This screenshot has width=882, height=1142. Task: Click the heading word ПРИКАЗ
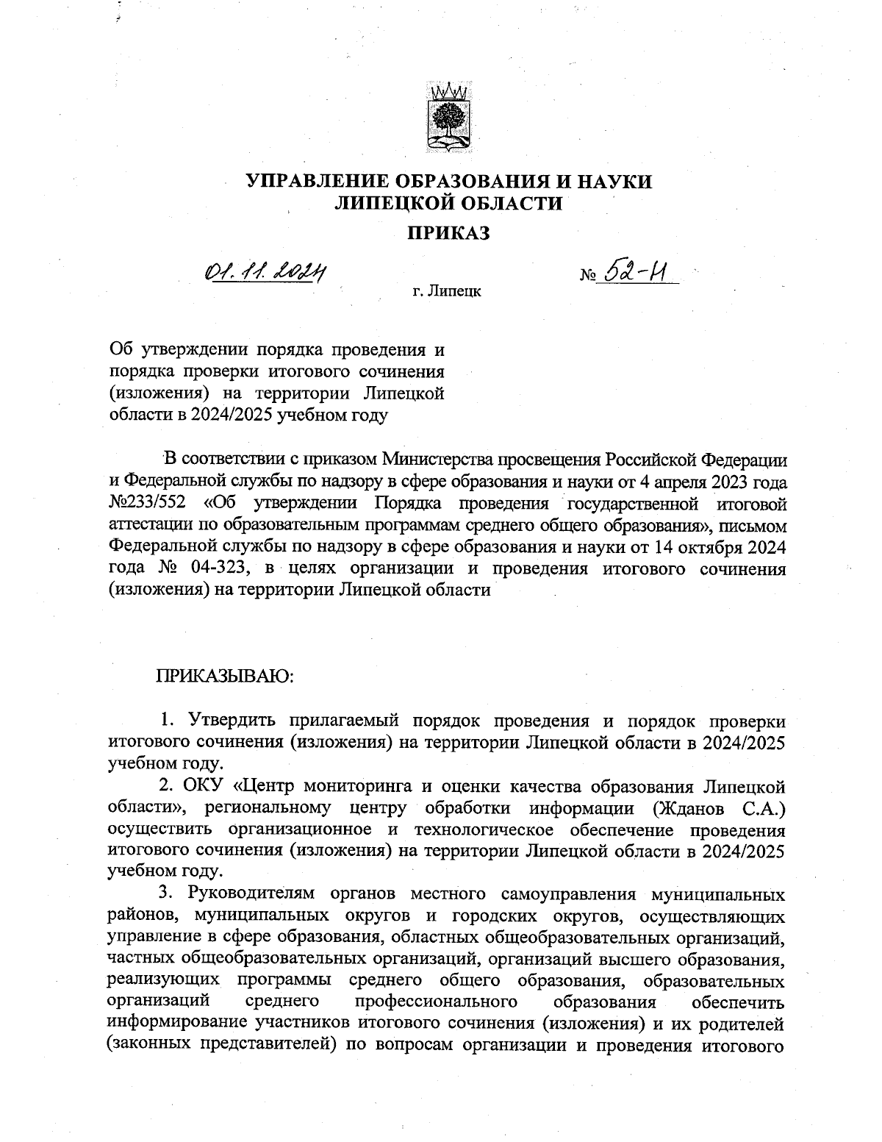(448, 233)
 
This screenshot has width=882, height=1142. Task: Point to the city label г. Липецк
(446, 292)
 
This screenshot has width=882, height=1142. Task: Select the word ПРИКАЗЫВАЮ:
(224, 674)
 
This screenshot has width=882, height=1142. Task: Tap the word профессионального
(434, 1003)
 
